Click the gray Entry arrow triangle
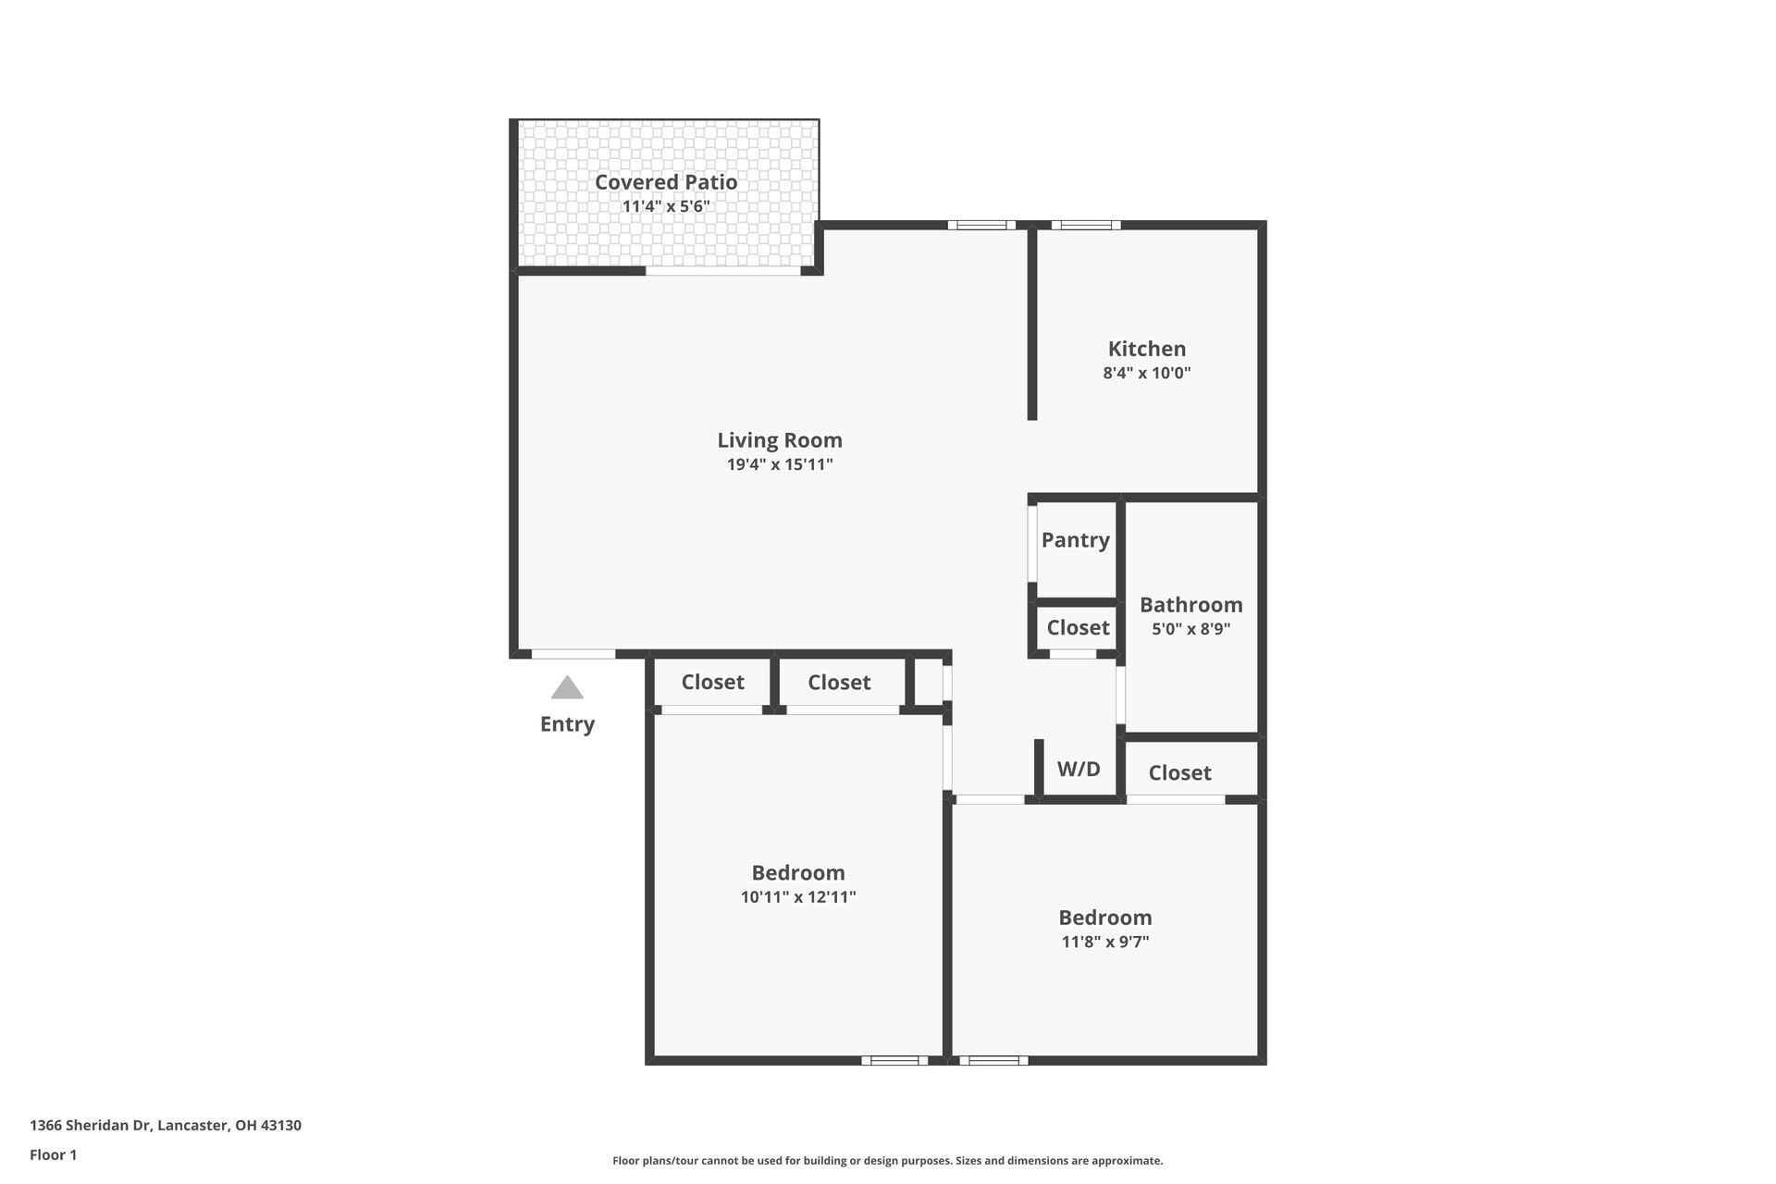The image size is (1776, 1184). coord(567,688)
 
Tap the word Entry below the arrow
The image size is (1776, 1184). coord(567,724)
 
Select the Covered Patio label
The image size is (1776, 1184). coord(665,182)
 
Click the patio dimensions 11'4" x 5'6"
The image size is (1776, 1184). coord(665,206)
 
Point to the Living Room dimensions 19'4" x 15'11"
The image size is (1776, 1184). coord(780,464)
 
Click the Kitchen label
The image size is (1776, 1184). coord(1146,349)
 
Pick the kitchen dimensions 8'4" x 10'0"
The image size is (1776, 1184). coord(1146,374)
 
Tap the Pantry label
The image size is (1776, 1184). coord(1075,540)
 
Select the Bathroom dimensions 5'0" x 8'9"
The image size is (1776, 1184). coord(1190,629)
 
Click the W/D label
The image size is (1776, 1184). coord(1079,770)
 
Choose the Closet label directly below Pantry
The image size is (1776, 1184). coord(1078,628)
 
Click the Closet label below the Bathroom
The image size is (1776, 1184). coord(1179,773)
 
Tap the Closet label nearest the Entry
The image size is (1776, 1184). coord(712,683)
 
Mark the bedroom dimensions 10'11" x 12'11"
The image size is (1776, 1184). coord(797,897)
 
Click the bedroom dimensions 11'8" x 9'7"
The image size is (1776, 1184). coord(1104,943)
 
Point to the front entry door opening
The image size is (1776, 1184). coord(573,654)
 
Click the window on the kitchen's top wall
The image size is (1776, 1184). coord(1085,225)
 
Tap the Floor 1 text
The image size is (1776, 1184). coord(53,1155)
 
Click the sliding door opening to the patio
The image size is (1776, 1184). coord(722,271)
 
